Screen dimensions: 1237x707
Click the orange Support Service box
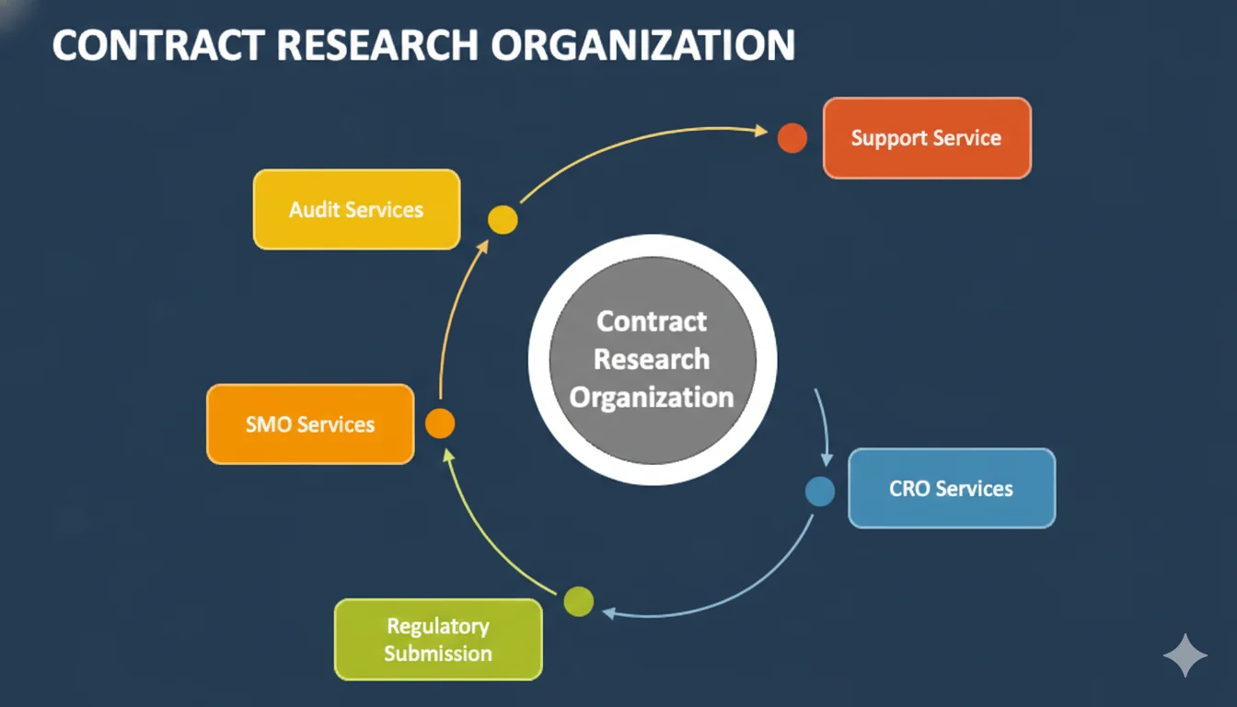click(927, 138)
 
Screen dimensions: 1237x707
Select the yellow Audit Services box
click(357, 209)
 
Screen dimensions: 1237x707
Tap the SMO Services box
click(310, 424)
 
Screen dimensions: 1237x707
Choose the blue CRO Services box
click(952, 488)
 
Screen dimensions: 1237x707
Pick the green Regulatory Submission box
click(438, 640)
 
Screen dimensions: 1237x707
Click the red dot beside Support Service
click(792, 138)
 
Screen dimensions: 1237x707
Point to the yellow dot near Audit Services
click(503, 220)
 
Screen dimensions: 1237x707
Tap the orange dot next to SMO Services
click(440, 423)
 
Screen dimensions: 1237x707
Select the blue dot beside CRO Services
click(820, 492)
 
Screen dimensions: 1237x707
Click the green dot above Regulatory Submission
click(579, 601)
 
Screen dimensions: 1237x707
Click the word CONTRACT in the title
click(159, 45)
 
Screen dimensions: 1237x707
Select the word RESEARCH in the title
click(377, 45)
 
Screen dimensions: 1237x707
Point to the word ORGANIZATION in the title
click(643, 45)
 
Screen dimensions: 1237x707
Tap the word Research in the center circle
click(652, 359)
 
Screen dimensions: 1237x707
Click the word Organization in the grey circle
click(652, 398)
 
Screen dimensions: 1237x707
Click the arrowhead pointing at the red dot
click(761, 131)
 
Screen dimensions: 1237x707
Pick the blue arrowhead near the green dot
click(608, 612)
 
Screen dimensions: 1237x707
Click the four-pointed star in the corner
click(1185, 655)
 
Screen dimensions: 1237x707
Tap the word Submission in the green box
click(438, 654)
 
